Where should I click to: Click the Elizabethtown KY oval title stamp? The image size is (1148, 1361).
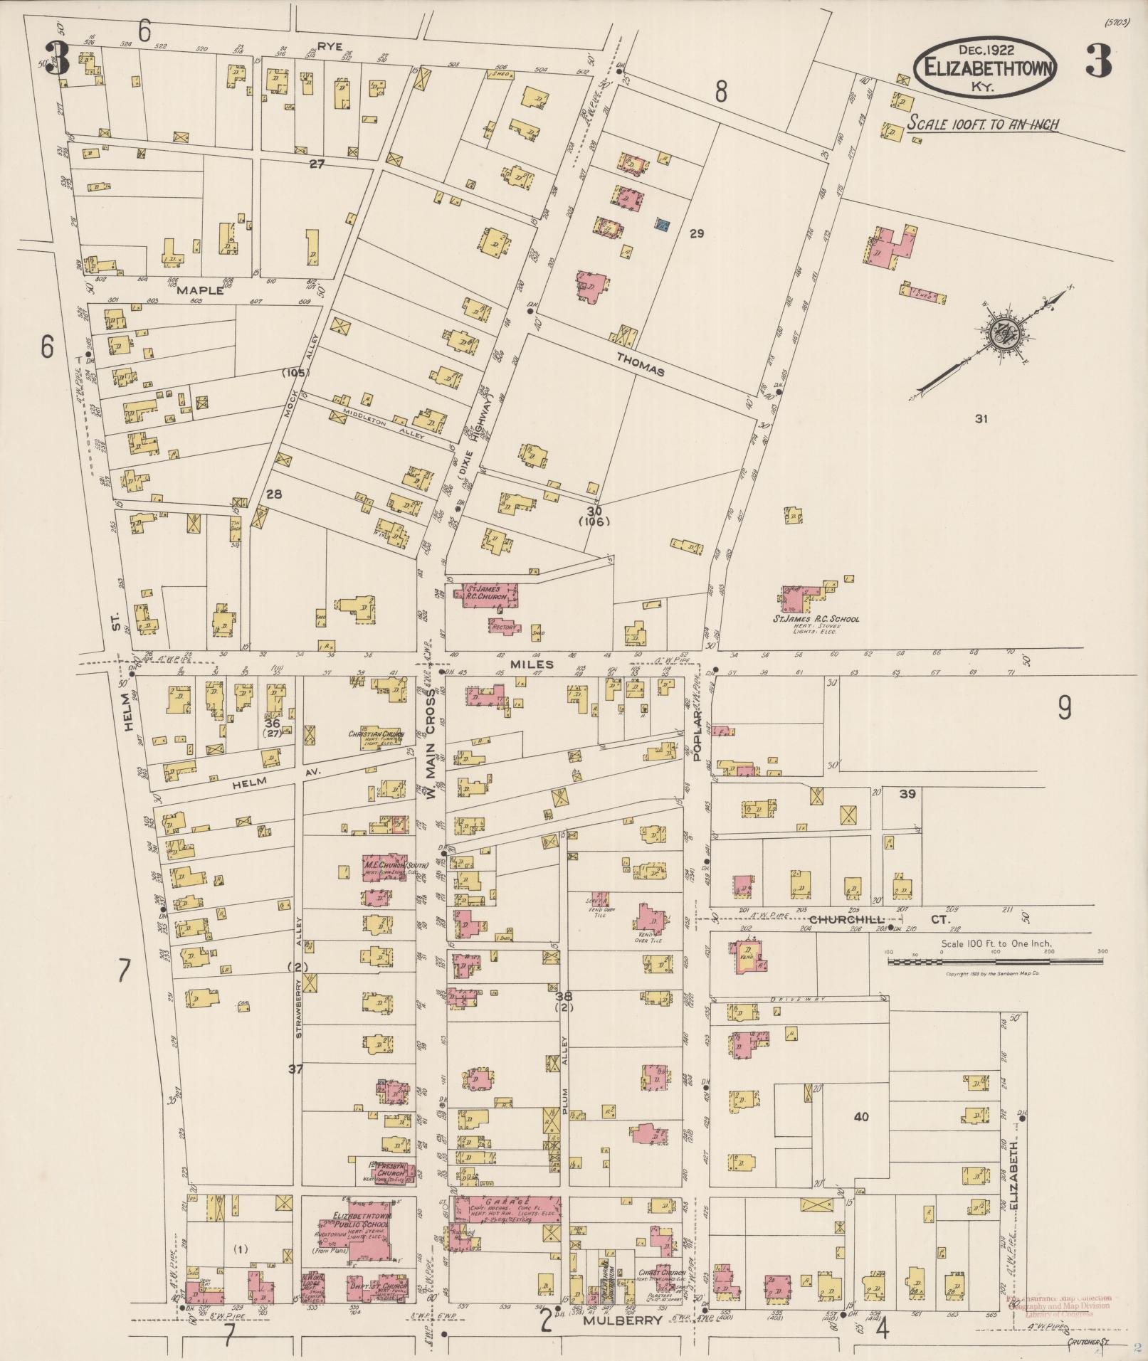point(985,68)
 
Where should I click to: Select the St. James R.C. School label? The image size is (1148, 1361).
point(816,618)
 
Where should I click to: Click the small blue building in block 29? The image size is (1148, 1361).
point(663,225)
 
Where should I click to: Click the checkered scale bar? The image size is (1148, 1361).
point(994,961)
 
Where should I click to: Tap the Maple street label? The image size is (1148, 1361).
point(200,290)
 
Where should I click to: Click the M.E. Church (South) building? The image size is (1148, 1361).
point(385,869)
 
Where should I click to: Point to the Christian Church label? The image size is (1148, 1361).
point(376,734)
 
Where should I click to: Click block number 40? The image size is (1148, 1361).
point(860,1117)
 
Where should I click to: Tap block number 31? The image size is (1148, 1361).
point(981,419)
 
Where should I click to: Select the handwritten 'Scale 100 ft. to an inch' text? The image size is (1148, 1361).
point(982,125)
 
